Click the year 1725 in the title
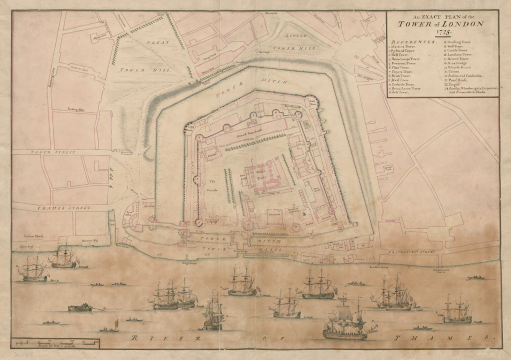[x=441, y=31]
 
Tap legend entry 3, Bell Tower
[x=400, y=55]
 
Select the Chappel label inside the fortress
[x=214, y=154]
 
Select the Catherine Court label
[x=78, y=68]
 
